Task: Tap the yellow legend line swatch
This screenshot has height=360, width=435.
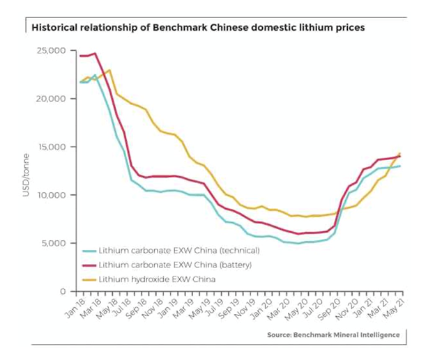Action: coord(89,279)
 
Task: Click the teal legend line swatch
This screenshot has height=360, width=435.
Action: coord(89,250)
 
